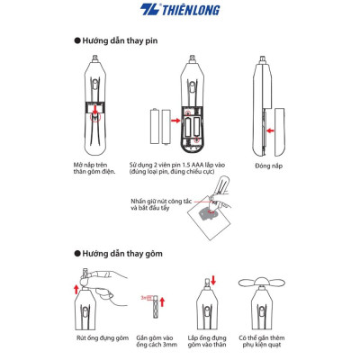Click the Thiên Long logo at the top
[180, 11]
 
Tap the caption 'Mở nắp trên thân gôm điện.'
[98, 170]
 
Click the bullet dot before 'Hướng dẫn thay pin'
[76, 41]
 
